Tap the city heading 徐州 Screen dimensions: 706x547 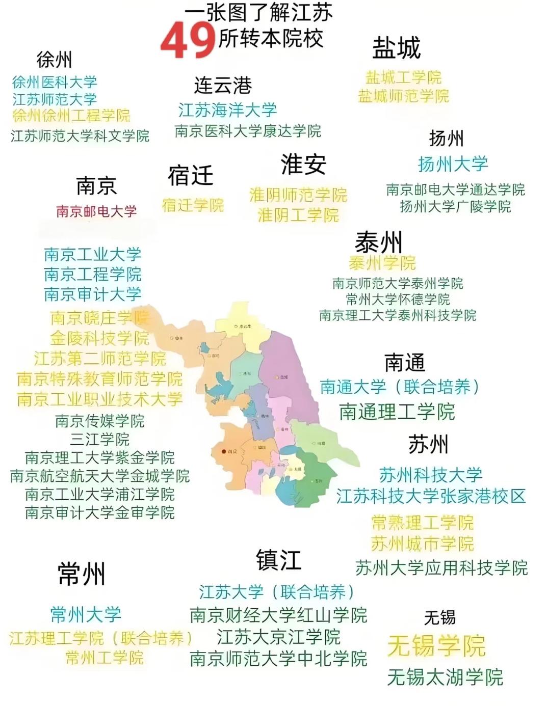pyautogui.click(x=54, y=60)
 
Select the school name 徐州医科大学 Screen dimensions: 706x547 pyautogui.click(x=55, y=82)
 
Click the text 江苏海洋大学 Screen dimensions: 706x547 pyautogui.click(x=227, y=110)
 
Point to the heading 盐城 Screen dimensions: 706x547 pyautogui.click(x=396, y=48)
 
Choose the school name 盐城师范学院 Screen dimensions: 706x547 pyautogui.click(x=403, y=96)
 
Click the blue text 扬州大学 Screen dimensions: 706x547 pyautogui.click(x=453, y=164)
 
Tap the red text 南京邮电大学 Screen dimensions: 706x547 pyautogui.click(x=96, y=211)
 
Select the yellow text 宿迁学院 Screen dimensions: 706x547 pyautogui.click(x=193, y=205)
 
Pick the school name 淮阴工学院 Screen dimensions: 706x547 pyautogui.click(x=298, y=215)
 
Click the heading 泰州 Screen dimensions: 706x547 pyautogui.click(x=378, y=242)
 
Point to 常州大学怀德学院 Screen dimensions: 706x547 pyautogui.click(x=398, y=299)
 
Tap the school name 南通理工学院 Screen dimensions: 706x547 pyautogui.click(x=397, y=412)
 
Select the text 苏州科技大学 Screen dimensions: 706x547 pyautogui.click(x=430, y=475)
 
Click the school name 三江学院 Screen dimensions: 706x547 pyautogui.click(x=100, y=439)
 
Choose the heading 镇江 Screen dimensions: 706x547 pyautogui.click(x=278, y=560)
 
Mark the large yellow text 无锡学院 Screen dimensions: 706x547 pyautogui.click(x=436, y=646)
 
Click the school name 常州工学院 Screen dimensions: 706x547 pyautogui.click(x=105, y=658)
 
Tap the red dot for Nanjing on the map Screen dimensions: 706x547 pyautogui.click(x=223, y=451)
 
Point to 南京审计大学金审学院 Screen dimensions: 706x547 pyautogui.click(x=100, y=512)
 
